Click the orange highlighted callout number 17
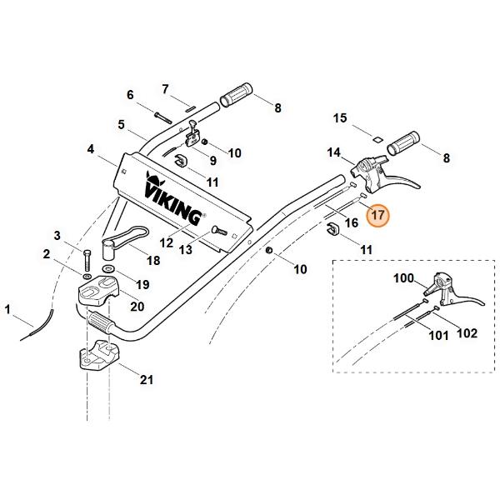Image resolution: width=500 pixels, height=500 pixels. [x=378, y=215]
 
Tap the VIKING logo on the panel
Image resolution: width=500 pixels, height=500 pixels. [x=173, y=198]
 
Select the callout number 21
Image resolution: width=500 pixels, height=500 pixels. [x=147, y=379]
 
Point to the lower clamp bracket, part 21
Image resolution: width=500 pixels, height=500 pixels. [x=98, y=355]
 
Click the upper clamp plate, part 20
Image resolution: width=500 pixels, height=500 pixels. [x=98, y=289]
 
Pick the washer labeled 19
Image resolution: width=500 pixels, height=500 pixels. [x=109, y=267]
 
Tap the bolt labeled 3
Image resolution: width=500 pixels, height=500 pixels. [x=87, y=260]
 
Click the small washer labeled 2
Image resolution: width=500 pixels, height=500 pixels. [x=87, y=275]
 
